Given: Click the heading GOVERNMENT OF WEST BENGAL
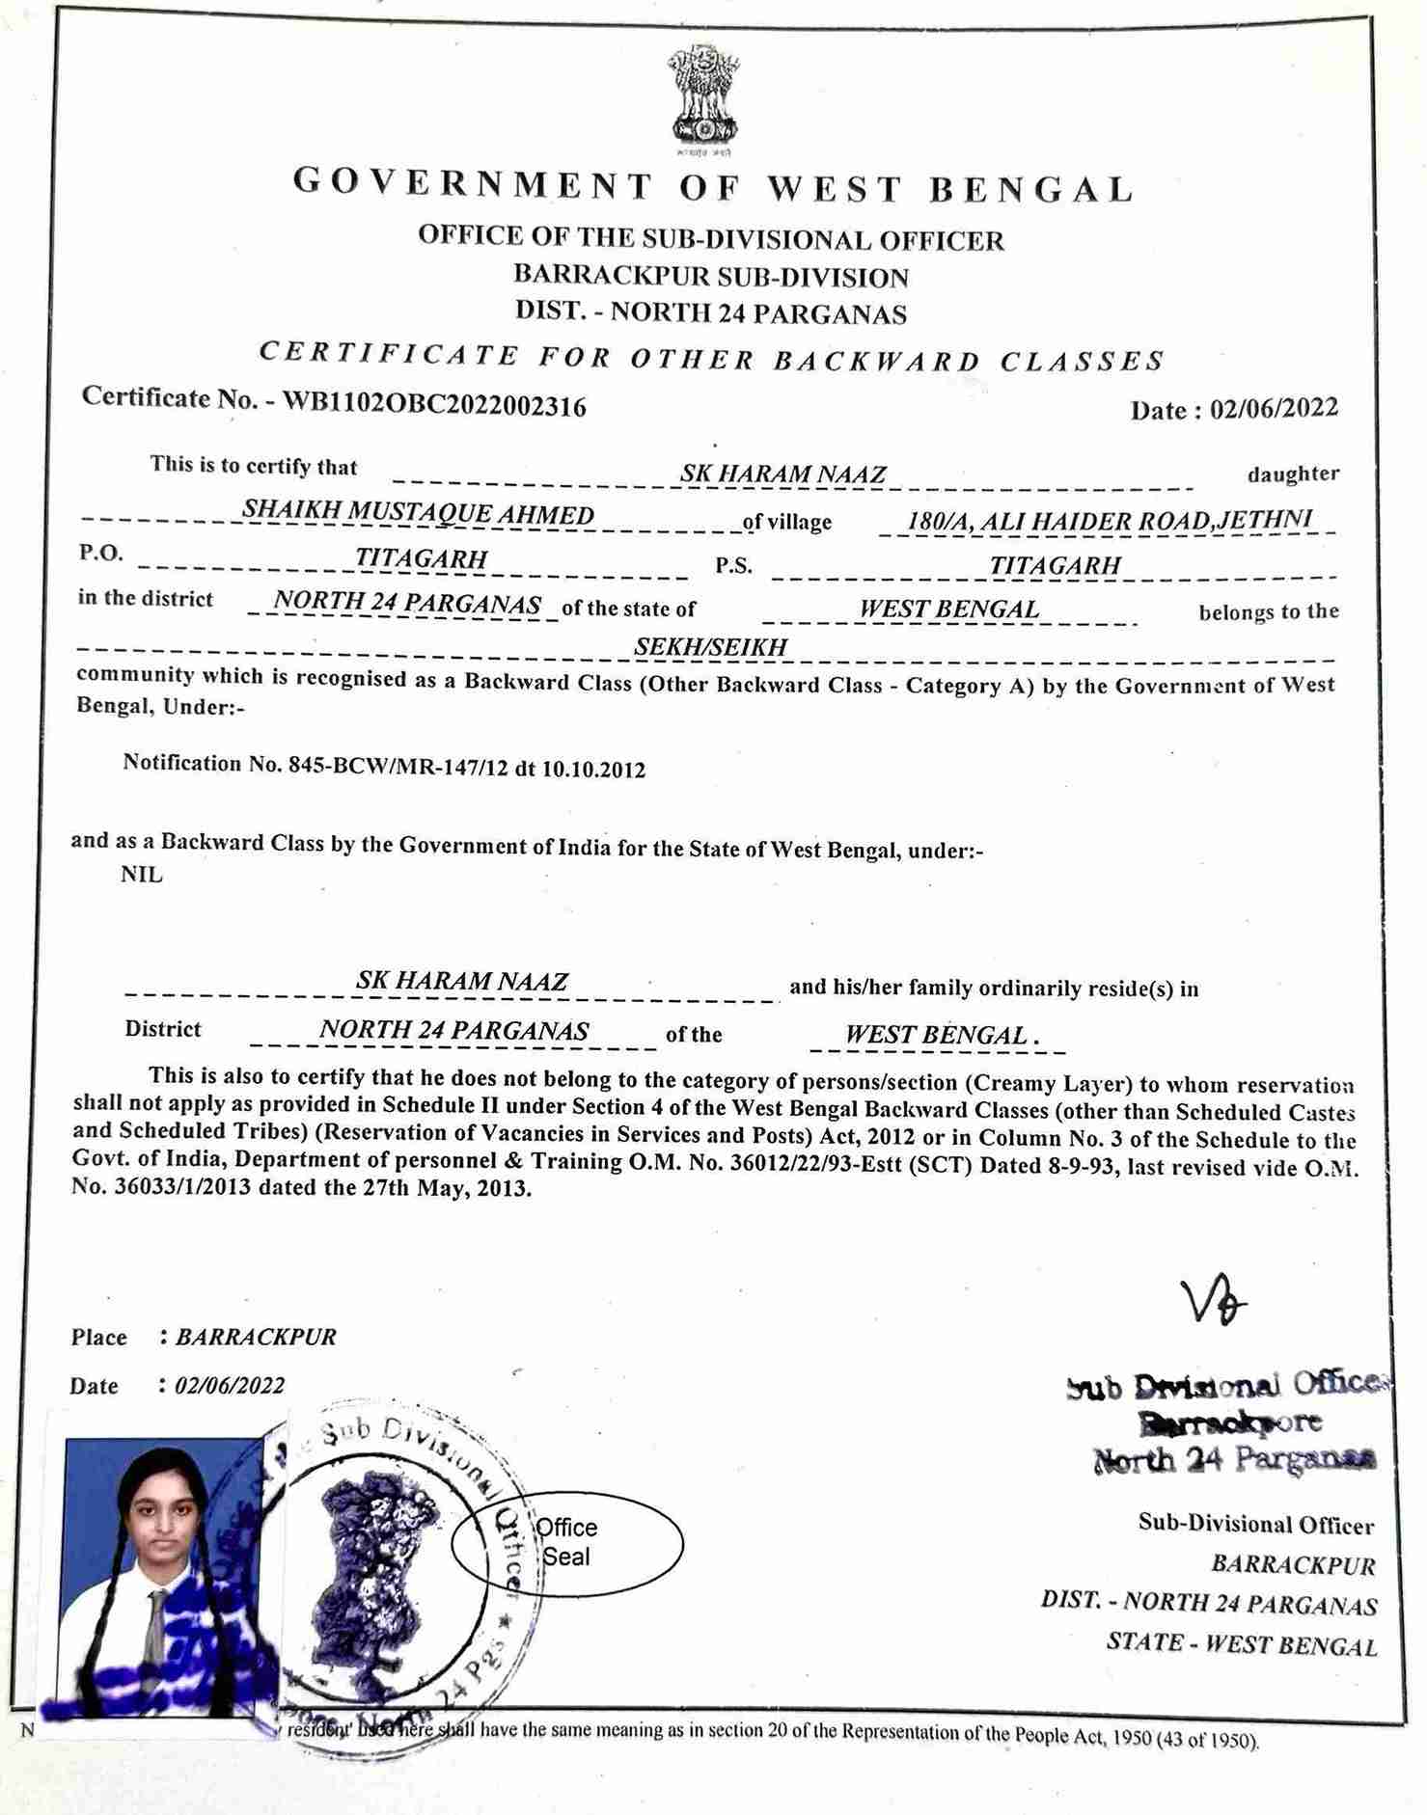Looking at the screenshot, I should [x=713, y=185].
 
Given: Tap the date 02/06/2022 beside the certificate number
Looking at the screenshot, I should [x=1274, y=409].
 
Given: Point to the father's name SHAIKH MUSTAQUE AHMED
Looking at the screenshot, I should [x=418, y=514].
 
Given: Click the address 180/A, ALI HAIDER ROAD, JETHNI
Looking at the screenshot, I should [x=1110, y=520].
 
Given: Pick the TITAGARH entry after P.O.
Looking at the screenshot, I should [x=421, y=558].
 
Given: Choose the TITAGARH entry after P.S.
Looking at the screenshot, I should [x=1055, y=565].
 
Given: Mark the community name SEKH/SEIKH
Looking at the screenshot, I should [x=710, y=647].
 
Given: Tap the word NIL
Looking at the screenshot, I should [x=142, y=876].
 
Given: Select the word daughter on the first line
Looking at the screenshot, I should [x=1293, y=474].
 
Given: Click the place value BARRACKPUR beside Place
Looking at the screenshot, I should [x=256, y=1338].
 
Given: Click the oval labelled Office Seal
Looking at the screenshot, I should [x=567, y=1542].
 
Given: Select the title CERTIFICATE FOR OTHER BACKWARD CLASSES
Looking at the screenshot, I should [x=712, y=358].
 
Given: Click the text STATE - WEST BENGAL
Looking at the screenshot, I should [x=1242, y=1643].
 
